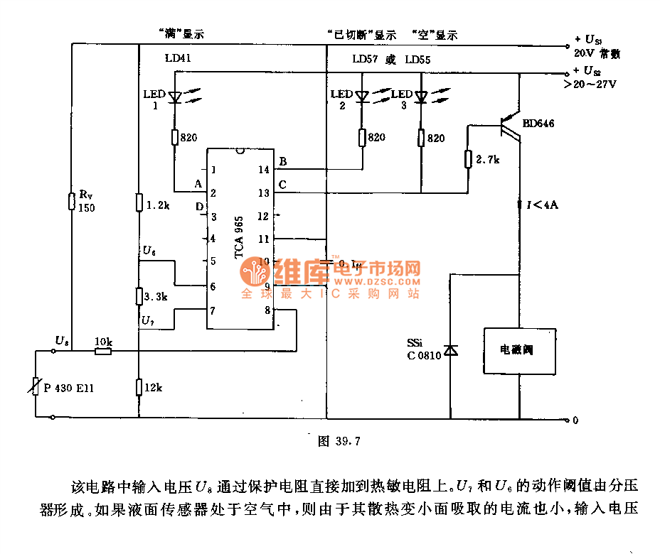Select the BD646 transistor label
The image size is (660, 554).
[x=538, y=123]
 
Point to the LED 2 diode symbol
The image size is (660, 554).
[x=362, y=97]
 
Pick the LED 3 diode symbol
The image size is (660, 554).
[x=421, y=97]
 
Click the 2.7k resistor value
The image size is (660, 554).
[x=489, y=159]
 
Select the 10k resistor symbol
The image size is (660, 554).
[x=103, y=351]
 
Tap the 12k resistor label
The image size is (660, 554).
[x=153, y=387]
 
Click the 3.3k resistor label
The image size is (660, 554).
[x=154, y=295]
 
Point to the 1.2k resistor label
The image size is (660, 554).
[x=157, y=205]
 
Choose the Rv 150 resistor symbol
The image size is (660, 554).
[x=72, y=201]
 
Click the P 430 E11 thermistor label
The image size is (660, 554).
[x=69, y=388]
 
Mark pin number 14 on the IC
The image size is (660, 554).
[x=264, y=169]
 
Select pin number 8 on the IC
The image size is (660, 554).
[x=266, y=310]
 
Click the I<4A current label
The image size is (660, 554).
[x=542, y=205]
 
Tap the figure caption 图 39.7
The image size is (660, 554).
[x=339, y=441]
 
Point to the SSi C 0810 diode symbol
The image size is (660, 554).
[x=450, y=349]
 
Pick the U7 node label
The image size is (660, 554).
[x=148, y=321]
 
